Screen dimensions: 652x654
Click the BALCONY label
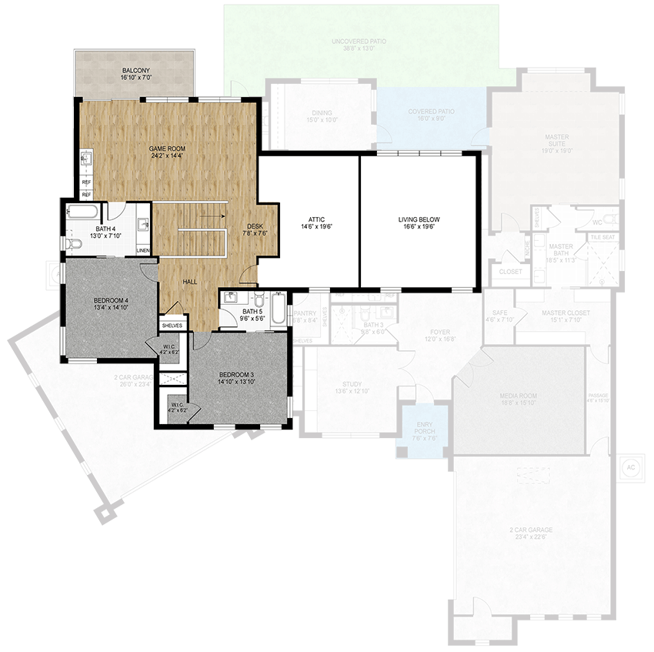(134, 71)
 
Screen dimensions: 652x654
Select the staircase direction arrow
(208, 217)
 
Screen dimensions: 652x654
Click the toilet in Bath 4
(72, 244)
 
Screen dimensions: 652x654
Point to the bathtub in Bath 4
(82, 210)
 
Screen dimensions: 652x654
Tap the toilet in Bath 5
(259, 298)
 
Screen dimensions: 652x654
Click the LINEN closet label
(143, 251)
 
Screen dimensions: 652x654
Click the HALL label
(190, 282)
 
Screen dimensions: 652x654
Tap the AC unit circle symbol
(630, 467)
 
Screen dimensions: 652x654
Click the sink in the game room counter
(86, 160)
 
